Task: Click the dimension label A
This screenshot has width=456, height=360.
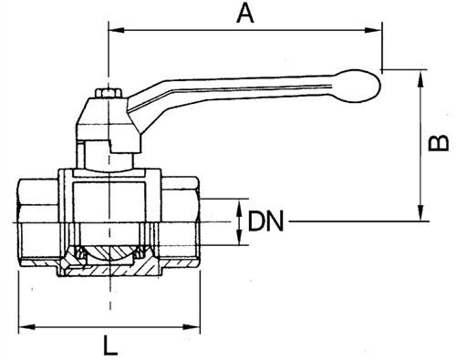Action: coord(245,14)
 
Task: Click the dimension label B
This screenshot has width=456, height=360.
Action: coord(438,143)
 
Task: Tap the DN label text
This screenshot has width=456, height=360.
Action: coord(265,221)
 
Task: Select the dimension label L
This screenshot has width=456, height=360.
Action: coord(110,345)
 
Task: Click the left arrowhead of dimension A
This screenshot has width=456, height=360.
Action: coord(117,30)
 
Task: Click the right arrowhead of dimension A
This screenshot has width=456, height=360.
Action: coord(373,30)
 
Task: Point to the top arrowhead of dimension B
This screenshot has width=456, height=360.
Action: coord(421,78)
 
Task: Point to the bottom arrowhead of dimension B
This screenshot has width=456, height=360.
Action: coord(421,212)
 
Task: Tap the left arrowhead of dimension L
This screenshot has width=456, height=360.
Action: coord(27,327)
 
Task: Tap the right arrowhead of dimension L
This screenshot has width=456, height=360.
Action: coord(192,327)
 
